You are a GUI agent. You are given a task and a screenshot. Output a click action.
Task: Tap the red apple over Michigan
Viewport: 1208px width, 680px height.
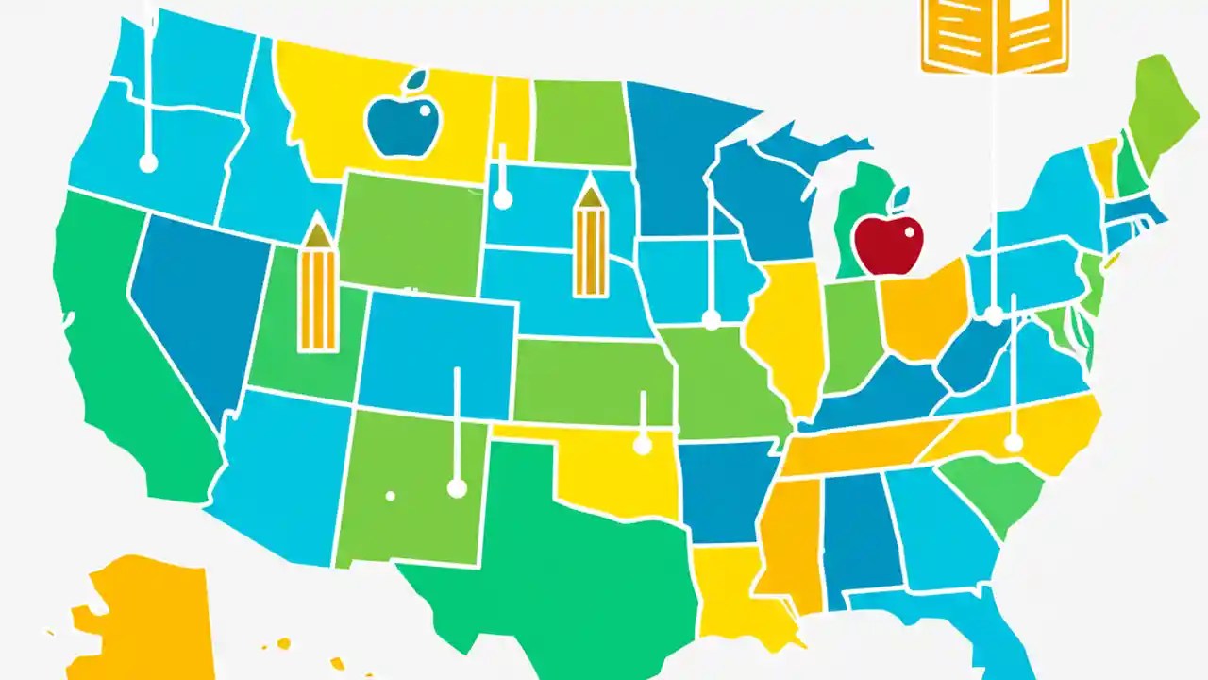(x=887, y=245)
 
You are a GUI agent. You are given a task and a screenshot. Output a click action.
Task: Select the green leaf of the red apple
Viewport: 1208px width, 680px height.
(x=900, y=196)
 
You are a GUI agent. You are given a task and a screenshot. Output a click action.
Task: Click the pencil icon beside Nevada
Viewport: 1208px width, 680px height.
(x=317, y=288)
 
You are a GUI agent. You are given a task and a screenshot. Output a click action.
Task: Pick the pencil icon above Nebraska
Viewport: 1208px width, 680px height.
(x=591, y=242)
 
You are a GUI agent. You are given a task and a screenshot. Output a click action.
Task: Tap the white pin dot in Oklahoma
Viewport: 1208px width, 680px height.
(x=643, y=444)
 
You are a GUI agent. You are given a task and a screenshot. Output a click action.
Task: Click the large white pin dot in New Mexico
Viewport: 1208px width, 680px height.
(x=457, y=487)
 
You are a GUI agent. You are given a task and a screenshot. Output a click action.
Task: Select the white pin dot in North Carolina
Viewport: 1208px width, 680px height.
(x=1013, y=442)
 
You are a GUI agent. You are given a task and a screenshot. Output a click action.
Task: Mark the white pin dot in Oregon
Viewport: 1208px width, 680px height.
(x=148, y=163)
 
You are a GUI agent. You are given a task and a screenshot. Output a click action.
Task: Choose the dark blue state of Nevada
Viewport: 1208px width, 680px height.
(x=189, y=302)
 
